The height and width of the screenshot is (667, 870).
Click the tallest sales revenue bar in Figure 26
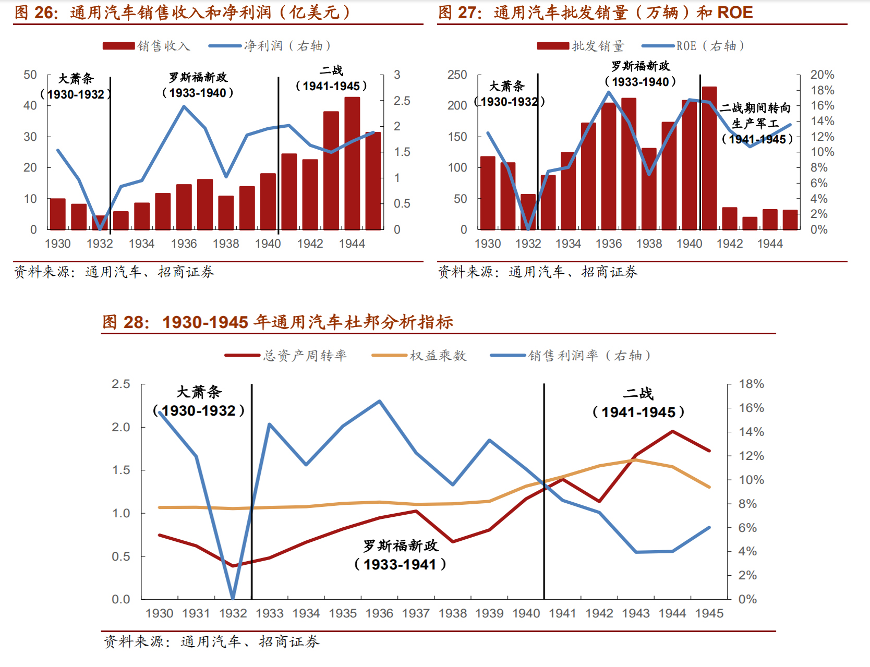pyautogui.click(x=352, y=163)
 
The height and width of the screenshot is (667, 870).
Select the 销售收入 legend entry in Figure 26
pyautogui.click(x=147, y=46)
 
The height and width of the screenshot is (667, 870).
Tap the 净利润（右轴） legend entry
pyautogui.click(x=270, y=46)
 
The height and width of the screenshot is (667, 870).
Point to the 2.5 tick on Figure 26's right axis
pyautogui.click(x=402, y=101)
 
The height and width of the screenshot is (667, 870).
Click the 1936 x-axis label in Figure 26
pyautogui.click(x=184, y=244)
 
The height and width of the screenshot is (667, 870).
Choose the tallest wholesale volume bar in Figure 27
pyautogui.click(x=709, y=157)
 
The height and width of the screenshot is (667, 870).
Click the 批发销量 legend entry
pyautogui.click(x=581, y=46)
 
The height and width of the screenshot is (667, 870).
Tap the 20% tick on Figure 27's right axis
pyautogui.click(x=822, y=75)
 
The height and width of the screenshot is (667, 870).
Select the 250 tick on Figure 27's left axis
pyautogui.click(x=457, y=75)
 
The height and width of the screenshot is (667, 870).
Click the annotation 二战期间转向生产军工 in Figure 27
pyautogui.click(x=756, y=123)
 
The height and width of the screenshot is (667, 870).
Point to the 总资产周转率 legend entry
pyautogui.click(x=286, y=356)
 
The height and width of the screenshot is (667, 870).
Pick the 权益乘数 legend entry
pyautogui.click(x=419, y=356)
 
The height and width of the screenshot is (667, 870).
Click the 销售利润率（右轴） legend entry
pyautogui.click(x=571, y=356)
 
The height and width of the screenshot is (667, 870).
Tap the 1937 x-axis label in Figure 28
pyautogui.click(x=416, y=613)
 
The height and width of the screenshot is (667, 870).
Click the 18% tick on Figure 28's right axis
pyautogui.click(x=751, y=384)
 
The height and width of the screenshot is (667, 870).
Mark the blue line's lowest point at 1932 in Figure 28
pyautogui.click(x=233, y=598)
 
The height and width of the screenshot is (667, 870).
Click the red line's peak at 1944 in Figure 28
pyautogui.click(x=673, y=431)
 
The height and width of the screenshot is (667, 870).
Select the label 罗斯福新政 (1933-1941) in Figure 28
pyautogui.click(x=401, y=555)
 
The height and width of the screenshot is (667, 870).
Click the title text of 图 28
pyautogui.click(x=277, y=322)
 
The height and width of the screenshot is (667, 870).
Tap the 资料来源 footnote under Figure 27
pyautogui.click(x=538, y=272)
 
